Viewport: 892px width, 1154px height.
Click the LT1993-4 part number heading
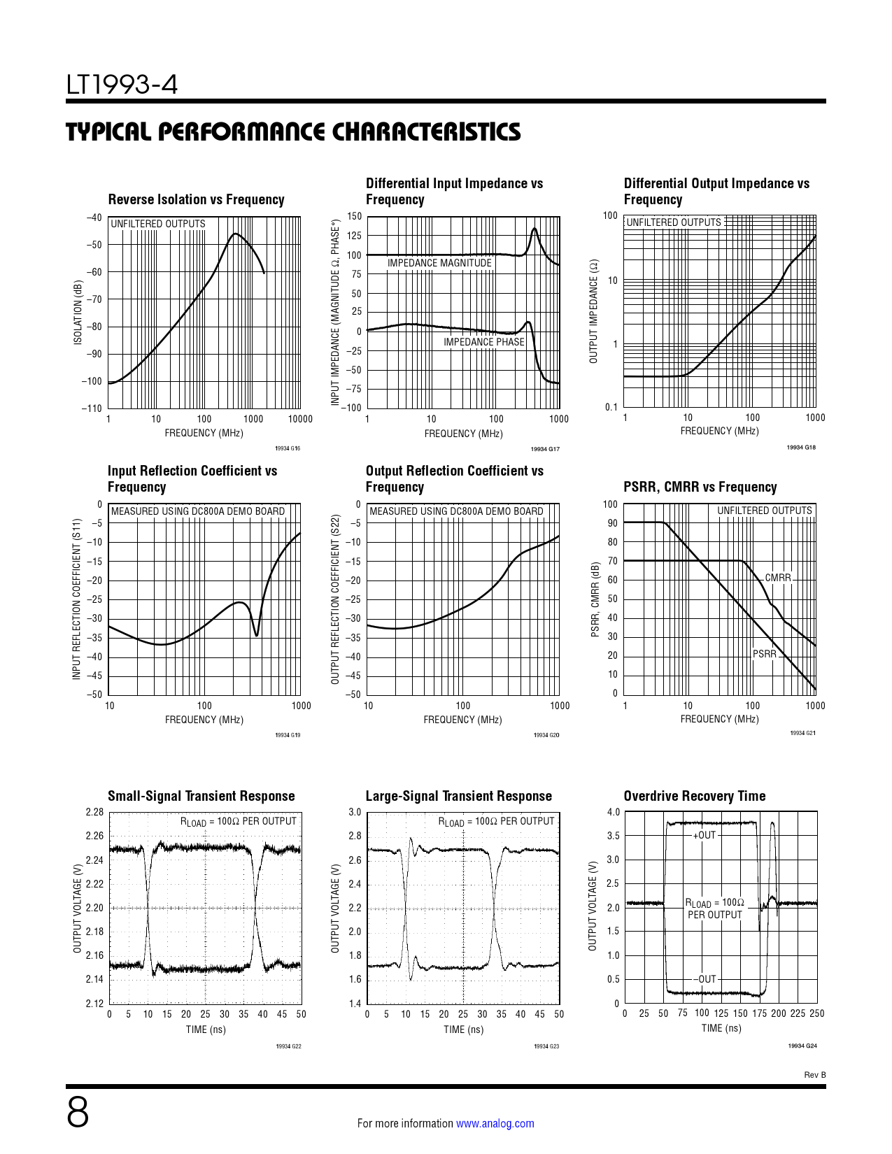122,85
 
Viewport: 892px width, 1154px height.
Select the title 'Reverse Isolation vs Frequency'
196,200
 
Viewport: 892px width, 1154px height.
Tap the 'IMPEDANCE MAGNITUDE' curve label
439,263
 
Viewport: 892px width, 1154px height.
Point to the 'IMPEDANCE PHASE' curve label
483,342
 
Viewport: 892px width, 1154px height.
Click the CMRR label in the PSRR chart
777,578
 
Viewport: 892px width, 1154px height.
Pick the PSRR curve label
764,654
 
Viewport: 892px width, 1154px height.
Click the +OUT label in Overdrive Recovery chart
705,835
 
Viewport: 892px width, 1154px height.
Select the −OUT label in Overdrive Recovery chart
705,979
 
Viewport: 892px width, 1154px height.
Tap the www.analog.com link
495,1123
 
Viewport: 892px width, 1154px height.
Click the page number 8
78,1113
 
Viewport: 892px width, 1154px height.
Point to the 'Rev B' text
814,1075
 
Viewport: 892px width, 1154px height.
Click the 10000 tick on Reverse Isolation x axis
300,419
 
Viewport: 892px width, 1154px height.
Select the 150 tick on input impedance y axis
355,217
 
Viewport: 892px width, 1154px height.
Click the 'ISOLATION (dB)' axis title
78,313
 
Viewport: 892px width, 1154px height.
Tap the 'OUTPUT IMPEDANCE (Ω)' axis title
593,311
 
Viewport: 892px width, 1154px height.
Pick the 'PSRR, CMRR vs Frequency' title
700,487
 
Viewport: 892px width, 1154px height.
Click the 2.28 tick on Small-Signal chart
94,812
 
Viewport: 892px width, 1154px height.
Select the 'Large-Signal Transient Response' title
458,797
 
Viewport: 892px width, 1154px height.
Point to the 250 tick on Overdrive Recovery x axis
816,1013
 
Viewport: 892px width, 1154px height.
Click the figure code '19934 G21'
802,733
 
